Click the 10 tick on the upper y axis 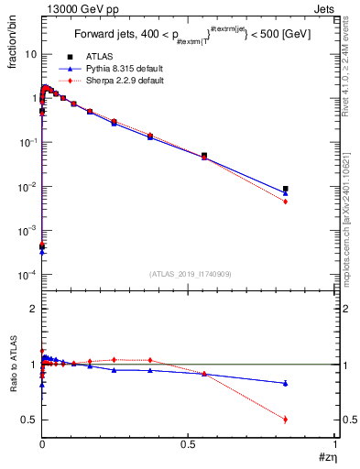30,54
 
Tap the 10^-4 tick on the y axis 27,275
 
